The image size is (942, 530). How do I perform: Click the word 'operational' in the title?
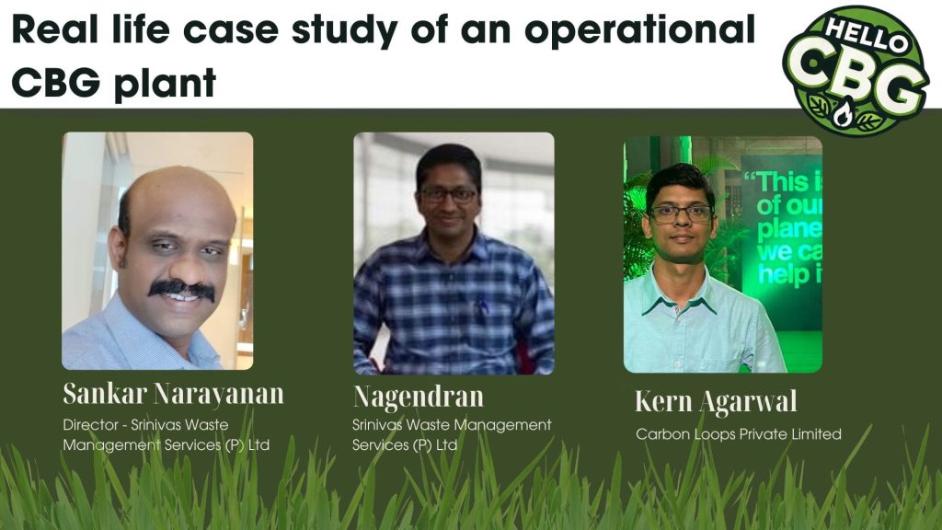click(639, 30)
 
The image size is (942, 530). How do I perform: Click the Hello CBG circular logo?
click(856, 70)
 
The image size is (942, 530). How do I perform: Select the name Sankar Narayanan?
click(173, 394)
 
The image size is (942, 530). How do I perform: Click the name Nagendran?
click(419, 396)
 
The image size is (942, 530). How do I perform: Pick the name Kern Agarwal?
click(716, 401)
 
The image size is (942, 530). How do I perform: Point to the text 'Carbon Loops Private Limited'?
click(739, 434)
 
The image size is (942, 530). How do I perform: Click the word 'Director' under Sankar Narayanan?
click(91, 425)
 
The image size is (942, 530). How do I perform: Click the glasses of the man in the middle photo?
click(449, 195)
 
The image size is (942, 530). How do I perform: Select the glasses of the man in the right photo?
click(681, 213)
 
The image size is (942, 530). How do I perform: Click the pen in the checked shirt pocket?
click(482, 306)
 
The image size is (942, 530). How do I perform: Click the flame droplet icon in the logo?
click(843, 111)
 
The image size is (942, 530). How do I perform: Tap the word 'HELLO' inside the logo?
click(866, 34)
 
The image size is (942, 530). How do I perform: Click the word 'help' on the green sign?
click(778, 274)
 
